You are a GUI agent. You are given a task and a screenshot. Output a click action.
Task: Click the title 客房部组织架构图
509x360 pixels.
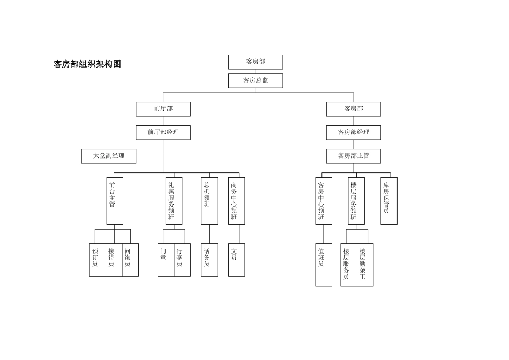[x=87, y=64]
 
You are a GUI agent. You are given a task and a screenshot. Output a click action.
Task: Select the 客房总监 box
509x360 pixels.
[x=256, y=81]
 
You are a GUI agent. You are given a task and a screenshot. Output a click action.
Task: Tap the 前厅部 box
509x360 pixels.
[x=163, y=109]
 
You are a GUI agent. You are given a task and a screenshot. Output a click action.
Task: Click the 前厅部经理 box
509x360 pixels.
[x=163, y=132]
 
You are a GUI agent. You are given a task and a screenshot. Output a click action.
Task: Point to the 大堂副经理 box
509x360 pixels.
[x=109, y=156]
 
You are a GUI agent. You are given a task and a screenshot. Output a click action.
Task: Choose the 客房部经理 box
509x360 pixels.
[x=353, y=132]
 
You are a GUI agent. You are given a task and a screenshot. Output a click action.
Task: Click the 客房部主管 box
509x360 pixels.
[x=353, y=156]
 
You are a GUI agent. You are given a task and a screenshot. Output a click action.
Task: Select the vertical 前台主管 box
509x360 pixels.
[x=114, y=201]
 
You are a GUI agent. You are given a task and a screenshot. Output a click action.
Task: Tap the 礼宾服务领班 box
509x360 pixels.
[x=174, y=201]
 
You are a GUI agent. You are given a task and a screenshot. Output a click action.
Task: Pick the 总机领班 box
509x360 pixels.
[x=209, y=201]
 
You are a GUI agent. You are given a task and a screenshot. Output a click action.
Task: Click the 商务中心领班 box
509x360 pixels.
[x=236, y=201]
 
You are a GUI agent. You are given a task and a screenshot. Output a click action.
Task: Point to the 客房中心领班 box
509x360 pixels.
[x=323, y=201]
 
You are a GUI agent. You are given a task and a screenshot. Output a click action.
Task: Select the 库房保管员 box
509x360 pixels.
[x=388, y=201]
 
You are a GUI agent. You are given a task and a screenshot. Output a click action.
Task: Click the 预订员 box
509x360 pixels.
[x=97, y=260]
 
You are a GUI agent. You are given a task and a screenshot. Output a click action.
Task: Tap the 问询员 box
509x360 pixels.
[x=130, y=260]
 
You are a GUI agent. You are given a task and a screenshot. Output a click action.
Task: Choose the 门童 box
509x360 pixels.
[x=166, y=260]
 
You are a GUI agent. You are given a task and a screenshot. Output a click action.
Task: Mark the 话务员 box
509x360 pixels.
[x=209, y=260]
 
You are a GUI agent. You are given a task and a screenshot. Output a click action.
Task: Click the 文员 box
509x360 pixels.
[x=236, y=260]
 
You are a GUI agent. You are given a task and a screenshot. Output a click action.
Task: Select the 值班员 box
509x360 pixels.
[x=323, y=265]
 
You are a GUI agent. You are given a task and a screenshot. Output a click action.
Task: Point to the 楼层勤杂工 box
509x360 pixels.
[x=365, y=265]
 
